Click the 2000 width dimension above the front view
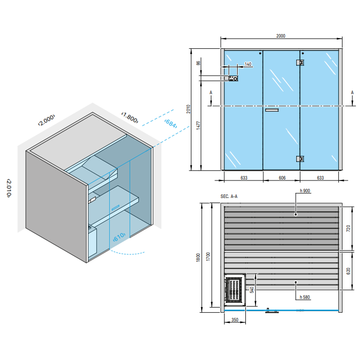tap(281, 36)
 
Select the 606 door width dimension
tap(282, 178)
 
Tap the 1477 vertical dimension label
tap(199, 125)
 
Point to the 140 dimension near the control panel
tap(248, 64)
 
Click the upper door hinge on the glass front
tap(300, 62)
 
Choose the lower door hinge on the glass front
tap(300, 158)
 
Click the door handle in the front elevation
tap(272, 110)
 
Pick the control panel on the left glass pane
tap(233, 78)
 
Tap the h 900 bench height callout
tap(305, 191)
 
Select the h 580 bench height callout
tap(305, 297)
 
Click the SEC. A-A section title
tap(229, 196)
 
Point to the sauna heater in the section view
tap(233, 289)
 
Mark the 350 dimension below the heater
tap(235, 319)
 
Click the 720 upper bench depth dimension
tap(348, 228)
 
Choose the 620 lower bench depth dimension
tap(348, 271)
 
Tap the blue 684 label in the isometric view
tap(171, 123)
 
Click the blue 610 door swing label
tap(119, 237)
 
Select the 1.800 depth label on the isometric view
tap(130, 117)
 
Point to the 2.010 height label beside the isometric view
tap(9, 188)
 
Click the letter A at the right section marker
tap(352, 93)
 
